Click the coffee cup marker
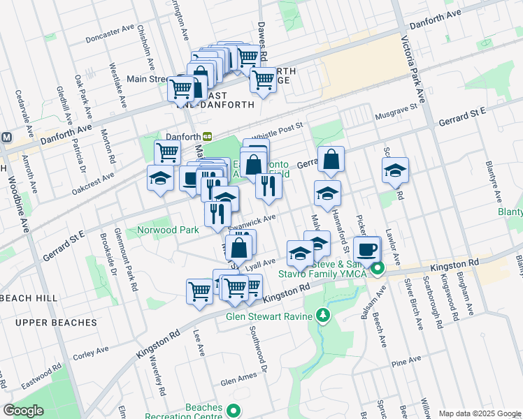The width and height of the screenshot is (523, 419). [x=367, y=249]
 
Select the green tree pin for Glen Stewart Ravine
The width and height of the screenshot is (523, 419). [x=323, y=316]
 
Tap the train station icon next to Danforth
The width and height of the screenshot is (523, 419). [x=208, y=136]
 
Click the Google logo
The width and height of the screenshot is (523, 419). [x=23, y=411]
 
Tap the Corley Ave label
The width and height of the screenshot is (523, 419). [x=91, y=351]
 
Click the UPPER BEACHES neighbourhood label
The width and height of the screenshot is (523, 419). [x=55, y=323]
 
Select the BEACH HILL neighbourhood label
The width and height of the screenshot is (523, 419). [x=29, y=298]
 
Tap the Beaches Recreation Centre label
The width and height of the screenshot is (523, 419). [x=203, y=412]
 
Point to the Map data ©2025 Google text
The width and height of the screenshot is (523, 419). [x=480, y=413]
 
